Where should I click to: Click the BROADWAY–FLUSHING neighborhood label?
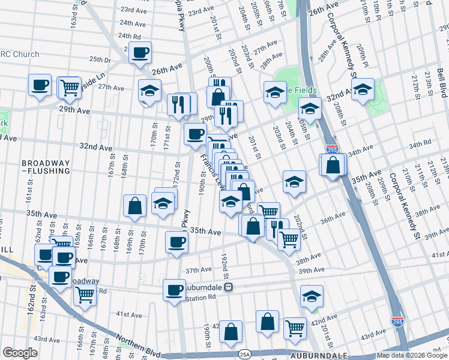(x=46, y=167)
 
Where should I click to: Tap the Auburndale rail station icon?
(x=229, y=287)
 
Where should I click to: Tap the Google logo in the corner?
(x=20, y=353)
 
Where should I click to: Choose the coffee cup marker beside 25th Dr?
(x=140, y=53)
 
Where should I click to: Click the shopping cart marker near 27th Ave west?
(x=70, y=88)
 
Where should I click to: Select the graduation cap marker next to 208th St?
(x=363, y=91)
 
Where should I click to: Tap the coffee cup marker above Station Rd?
(x=175, y=290)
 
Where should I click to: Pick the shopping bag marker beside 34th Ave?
(x=333, y=164)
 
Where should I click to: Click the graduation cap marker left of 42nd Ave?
(x=312, y=296)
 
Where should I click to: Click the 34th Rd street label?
(x=420, y=145)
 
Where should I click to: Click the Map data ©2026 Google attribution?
(x=412, y=355)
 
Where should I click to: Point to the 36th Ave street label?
(x=332, y=220)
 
